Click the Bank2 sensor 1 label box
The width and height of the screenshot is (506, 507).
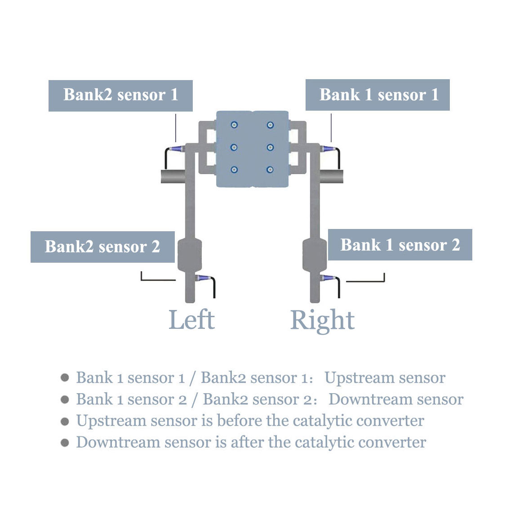[120, 95]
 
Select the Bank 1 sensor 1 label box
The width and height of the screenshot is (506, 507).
[377, 95]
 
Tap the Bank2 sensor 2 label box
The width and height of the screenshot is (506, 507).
[102, 247]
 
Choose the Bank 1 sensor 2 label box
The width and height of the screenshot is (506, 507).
[400, 245]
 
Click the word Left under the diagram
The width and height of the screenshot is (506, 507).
[191, 320]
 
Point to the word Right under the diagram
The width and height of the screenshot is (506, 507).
[322, 320]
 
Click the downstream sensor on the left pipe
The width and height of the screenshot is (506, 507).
[203, 278]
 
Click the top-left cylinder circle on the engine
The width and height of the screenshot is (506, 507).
[234, 125]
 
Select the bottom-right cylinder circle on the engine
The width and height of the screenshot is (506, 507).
[270, 170]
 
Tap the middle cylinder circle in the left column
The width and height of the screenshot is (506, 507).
[234, 147]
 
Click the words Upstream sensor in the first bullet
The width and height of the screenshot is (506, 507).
[385, 378]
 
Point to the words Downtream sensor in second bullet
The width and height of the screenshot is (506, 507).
[395, 399]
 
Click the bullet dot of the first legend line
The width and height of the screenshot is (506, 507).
[65, 377]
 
